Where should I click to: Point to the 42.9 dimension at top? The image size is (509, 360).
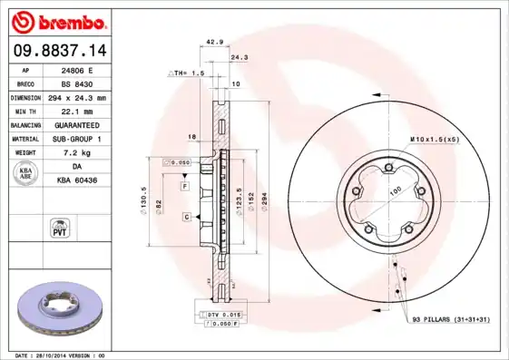coord(214,42)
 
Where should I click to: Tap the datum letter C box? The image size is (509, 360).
coord(185,217)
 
